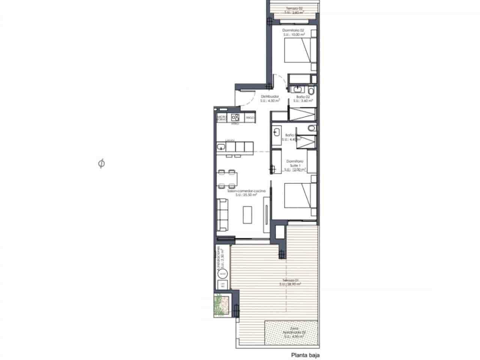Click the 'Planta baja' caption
pos(306,354)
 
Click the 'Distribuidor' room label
pos(270,96)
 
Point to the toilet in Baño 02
pos(311,91)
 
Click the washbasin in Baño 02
pos(297,89)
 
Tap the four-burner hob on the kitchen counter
pos(235,117)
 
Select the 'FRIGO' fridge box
pos(250,118)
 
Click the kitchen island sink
pos(221,146)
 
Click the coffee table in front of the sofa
pos(247,214)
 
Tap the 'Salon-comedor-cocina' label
pos(246,191)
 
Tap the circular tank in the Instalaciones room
pos(222,274)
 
